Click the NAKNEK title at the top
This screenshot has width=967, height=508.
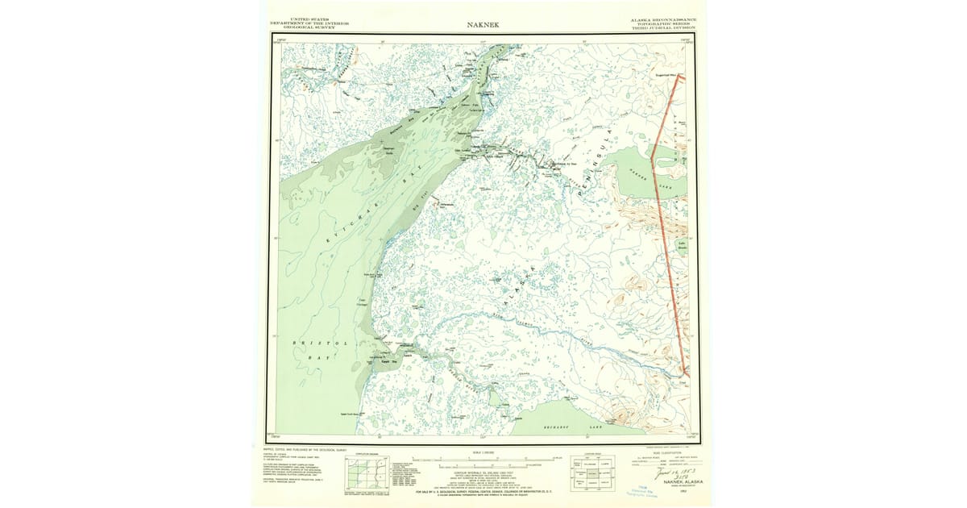(483, 24)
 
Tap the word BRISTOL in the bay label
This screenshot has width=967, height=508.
(317, 343)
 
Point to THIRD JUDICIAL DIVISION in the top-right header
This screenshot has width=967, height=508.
(663, 27)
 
